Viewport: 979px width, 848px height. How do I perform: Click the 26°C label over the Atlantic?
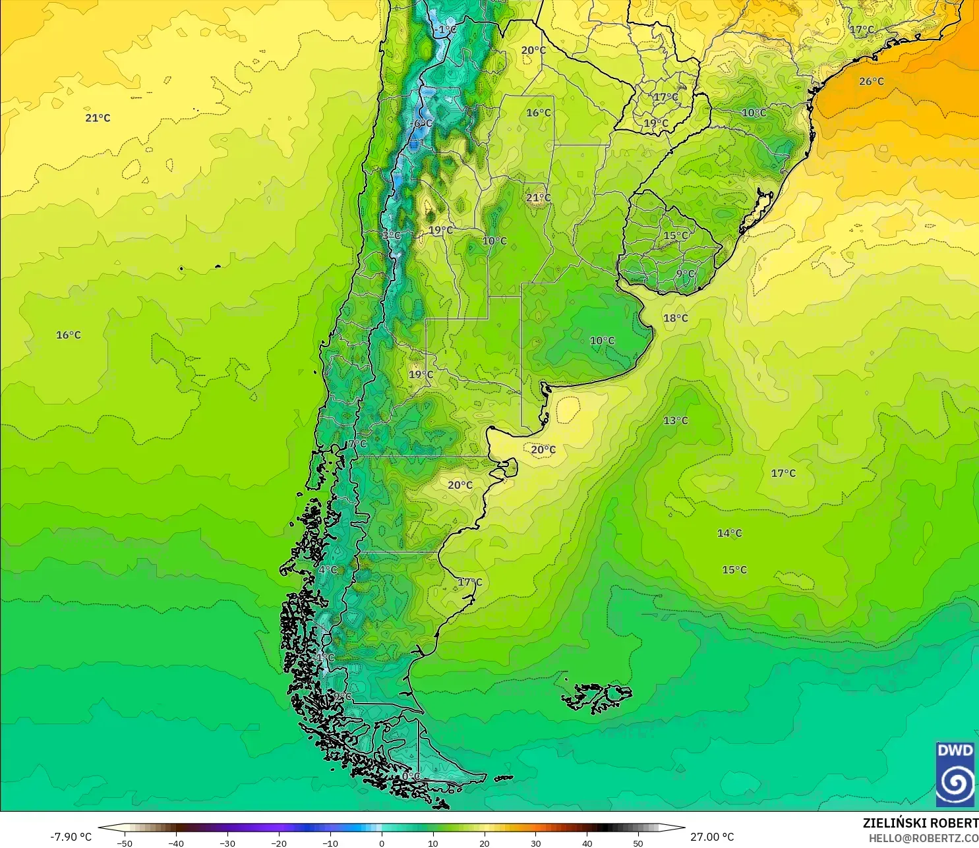point(871,82)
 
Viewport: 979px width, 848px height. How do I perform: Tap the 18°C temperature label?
point(675,318)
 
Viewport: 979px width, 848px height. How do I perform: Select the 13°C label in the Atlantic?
point(675,420)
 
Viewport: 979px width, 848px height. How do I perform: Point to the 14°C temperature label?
point(729,533)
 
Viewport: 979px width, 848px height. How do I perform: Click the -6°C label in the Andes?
point(422,123)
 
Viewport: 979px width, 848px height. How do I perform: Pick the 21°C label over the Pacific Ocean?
point(98,118)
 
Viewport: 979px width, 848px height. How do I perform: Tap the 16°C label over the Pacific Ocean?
point(68,335)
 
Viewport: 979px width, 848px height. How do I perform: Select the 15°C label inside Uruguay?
point(675,235)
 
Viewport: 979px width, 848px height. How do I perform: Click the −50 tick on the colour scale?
point(124,843)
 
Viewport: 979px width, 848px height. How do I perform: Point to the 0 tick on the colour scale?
point(381,843)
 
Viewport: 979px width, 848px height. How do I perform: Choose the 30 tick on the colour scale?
point(535,843)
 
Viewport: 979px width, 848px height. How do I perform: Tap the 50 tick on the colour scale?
point(638,843)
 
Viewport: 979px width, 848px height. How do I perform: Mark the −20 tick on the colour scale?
point(279,843)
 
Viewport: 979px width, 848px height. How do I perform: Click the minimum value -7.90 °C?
point(71,837)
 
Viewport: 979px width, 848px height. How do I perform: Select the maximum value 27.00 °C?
point(712,837)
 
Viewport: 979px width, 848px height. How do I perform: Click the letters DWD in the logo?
point(955,750)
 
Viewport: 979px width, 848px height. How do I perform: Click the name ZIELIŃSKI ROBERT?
point(920,823)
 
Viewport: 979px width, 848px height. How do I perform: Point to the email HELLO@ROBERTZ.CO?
point(923,838)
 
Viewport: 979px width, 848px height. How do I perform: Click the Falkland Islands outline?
point(597,697)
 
